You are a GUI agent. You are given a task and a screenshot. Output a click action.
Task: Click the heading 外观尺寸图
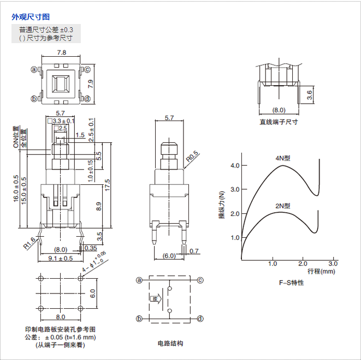click(x=31, y=16)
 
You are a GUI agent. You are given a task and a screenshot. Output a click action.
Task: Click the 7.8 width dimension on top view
click(x=62, y=53)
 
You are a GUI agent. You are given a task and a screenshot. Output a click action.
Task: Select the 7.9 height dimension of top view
click(x=91, y=84)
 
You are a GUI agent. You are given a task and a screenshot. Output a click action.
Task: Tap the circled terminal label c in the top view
click(x=87, y=69)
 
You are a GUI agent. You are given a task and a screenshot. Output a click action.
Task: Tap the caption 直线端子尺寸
click(x=279, y=122)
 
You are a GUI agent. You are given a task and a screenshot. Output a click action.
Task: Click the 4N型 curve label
click(x=282, y=158)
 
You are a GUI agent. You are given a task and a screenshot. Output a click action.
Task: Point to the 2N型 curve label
click(x=282, y=206)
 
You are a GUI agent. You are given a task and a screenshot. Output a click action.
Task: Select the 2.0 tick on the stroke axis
click(x=303, y=263)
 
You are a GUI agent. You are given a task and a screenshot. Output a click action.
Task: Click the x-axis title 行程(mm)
click(x=321, y=271)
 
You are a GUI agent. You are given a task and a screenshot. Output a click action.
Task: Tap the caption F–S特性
click(x=291, y=283)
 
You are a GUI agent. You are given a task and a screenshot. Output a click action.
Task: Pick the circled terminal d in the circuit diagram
click(x=200, y=319)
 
